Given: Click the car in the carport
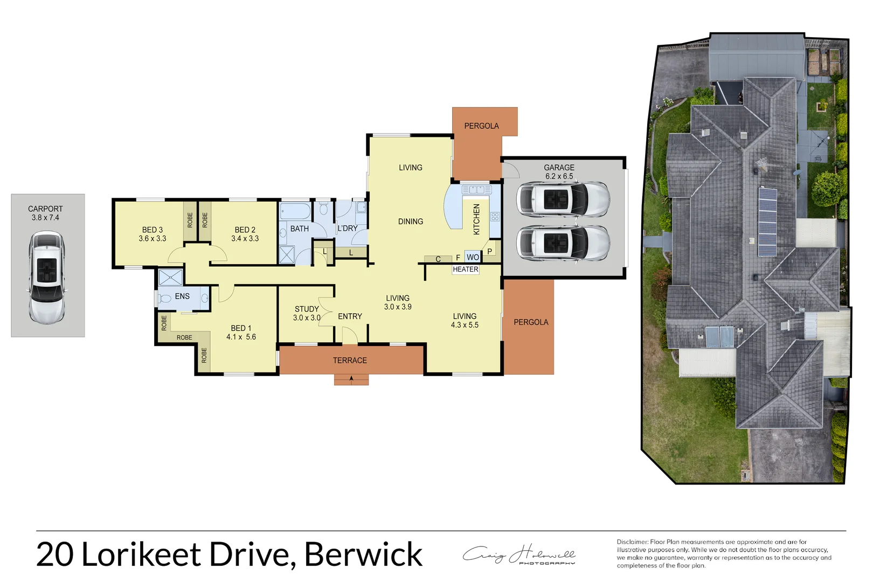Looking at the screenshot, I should pyautogui.click(x=47, y=278).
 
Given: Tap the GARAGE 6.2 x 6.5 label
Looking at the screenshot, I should pyautogui.click(x=559, y=172).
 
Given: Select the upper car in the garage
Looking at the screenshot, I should pyautogui.click(x=563, y=199).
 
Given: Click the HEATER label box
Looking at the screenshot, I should pyautogui.click(x=465, y=269).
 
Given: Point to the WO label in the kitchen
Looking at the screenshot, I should pyautogui.click(x=473, y=258).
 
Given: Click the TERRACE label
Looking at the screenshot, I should pyautogui.click(x=350, y=361).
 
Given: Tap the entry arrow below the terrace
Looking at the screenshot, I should pyautogui.click(x=351, y=379).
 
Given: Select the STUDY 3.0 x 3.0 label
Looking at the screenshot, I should pyautogui.click(x=307, y=313).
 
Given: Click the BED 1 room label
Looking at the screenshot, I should pyautogui.click(x=241, y=328).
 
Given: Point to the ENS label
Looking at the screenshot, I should pyautogui.click(x=182, y=296).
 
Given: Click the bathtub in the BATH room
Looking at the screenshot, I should pyautogui.click(x=295, y=211).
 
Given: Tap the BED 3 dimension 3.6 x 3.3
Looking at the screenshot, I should pyautogui.click(x=153, y=239).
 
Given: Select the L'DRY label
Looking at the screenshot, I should pyautogui.click(x=348, y=228).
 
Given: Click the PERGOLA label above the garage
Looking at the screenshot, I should pyautogui.click(x=481, y=126).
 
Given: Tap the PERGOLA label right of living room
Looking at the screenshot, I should pyautogui.click(x=531, y=322).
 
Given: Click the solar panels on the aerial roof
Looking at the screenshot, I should pyautogui.click(x=767, y=221).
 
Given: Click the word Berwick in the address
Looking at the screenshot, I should pyautogui.click(x=363, y=555).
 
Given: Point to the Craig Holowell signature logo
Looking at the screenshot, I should pyautogui.click(x=519, y=555).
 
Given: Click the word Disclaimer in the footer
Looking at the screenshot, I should pyautogui.click(x=632, y=542).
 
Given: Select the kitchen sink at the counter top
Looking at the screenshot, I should pyautogui.click(x=476, y=190).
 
